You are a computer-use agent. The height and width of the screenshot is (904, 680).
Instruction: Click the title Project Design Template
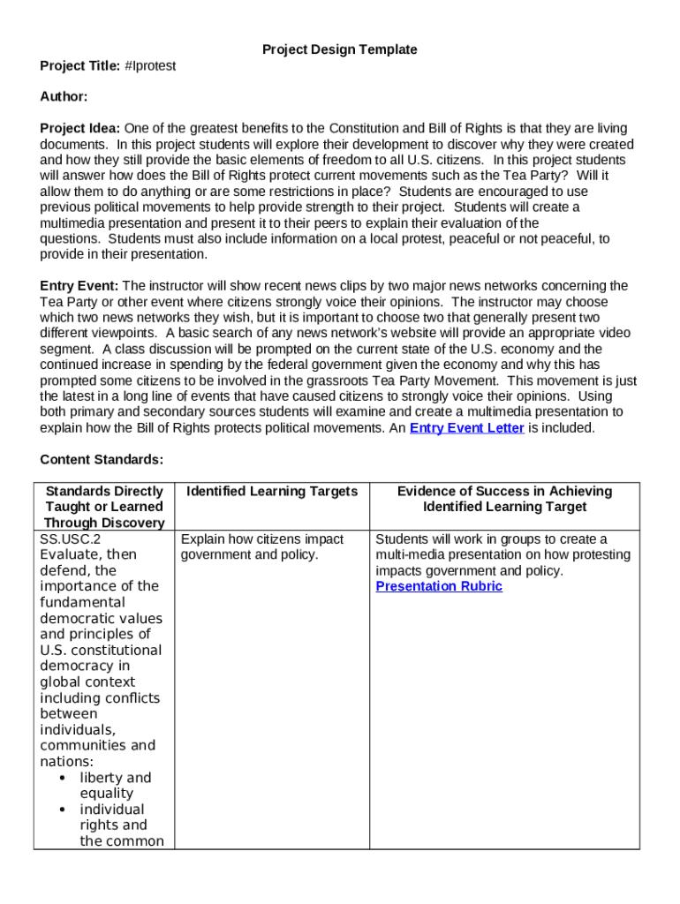[x=339, y=49]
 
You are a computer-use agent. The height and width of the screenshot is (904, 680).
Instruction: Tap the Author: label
[x=64, y=96]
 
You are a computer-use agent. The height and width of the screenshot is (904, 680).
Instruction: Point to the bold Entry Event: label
[x=79, y=285]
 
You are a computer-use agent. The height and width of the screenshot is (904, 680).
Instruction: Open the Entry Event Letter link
[x=467, y=428]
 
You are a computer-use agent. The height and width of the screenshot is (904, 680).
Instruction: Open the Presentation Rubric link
[x=439, y=586]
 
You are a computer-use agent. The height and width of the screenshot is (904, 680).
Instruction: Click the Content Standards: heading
[x=102, y=459]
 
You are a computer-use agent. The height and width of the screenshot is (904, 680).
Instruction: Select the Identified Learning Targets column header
[x=273, y=491]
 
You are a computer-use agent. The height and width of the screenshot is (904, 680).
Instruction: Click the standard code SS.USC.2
[x=71, y=539]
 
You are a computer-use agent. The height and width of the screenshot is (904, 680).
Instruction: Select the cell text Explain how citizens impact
[x=262, y=539]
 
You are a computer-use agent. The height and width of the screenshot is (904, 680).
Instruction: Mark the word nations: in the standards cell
[x=67, y=761]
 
